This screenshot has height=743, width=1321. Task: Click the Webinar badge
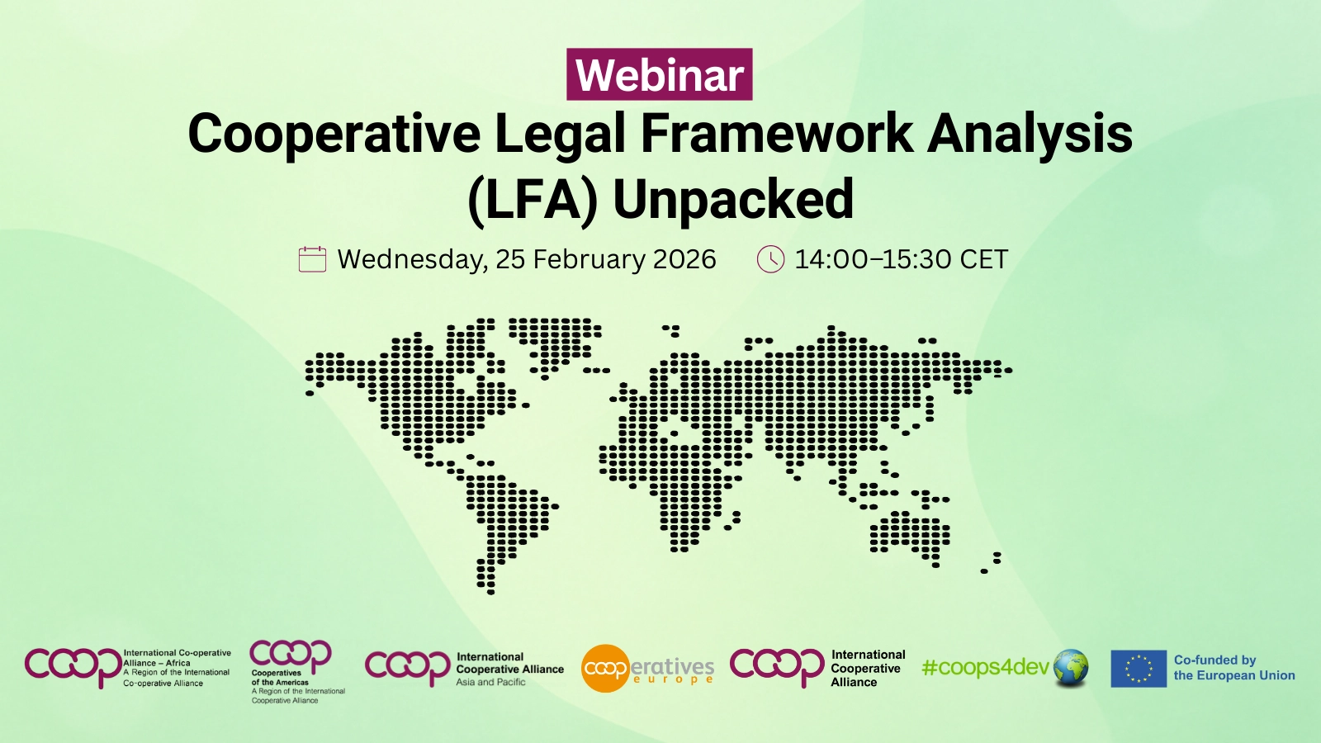[x=659, y=74]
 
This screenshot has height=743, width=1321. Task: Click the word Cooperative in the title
[x=334, y=134]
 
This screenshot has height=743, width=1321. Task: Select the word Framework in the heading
[x=776, y=134]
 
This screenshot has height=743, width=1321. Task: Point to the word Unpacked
[x=733, y=200]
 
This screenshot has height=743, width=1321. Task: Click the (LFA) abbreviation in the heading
[x=532, y=200]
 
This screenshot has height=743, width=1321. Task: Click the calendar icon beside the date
[x=312, y=259]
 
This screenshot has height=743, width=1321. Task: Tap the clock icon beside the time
[x=770, y=259]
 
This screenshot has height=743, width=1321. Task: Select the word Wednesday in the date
[x=411, y=259]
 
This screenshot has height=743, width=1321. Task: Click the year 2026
[x=684, y=259]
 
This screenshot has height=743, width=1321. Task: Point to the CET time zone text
[x=983, y=259]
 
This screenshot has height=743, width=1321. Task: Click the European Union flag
[x=1138, y=669]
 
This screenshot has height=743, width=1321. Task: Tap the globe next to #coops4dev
[x=1071, y=667]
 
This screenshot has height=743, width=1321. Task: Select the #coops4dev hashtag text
[x=985, y=667]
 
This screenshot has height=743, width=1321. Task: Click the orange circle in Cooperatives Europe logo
[x=605, y=668]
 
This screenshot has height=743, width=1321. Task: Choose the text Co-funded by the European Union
[x=1233, y=667]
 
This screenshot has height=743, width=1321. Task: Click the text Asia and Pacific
[x=490, y=683]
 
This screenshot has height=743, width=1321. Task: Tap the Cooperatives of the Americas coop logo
[x=291, y=654]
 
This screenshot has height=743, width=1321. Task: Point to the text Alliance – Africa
[x=157, y=663]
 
